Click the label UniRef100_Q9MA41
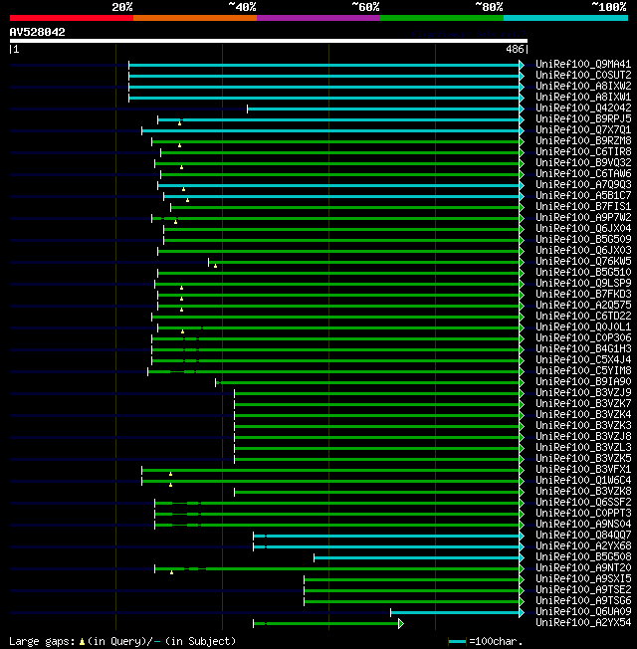click(x=583, y=64)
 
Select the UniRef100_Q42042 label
click(x=583, y=108)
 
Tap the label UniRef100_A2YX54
click(x=583, y=622)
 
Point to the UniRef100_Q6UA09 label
click(x=583, y=611)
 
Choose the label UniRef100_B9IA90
click(x=583, y=381)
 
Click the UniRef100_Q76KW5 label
click(x=583, y=261)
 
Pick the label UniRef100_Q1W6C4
click(x=583, y=480)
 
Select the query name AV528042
click(x=38, y=32)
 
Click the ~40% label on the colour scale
click(x=242, y=7)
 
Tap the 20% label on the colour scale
click(x=121, y=7)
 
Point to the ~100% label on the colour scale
click(x=609, y=7)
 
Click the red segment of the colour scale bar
click(x=71, y=17)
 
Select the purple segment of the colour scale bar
click(x=318, y=17)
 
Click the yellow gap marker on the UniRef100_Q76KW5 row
click(x=215, y=266)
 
